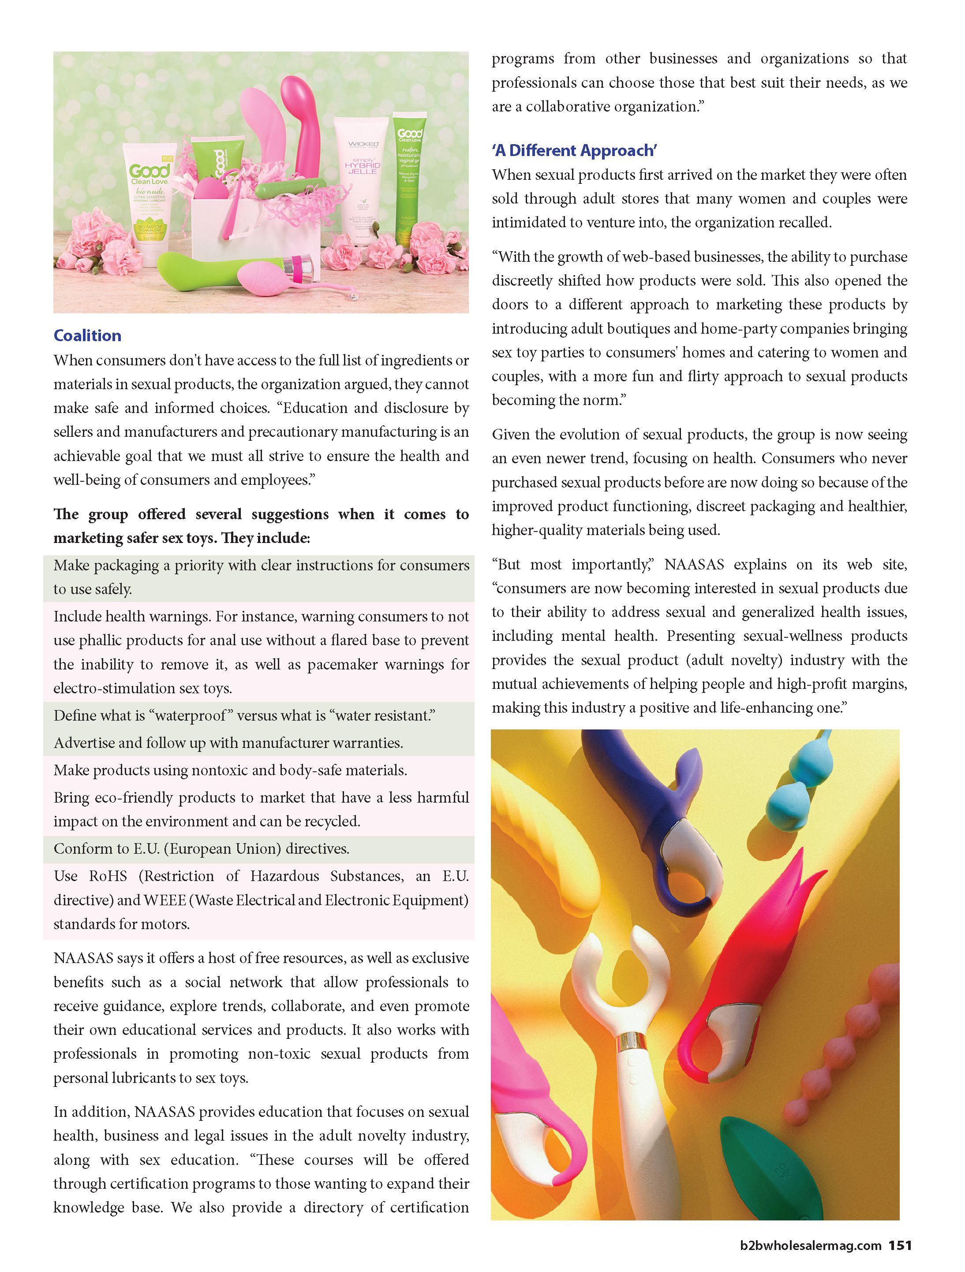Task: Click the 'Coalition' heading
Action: (87, 336)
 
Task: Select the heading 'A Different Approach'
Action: (574, 151)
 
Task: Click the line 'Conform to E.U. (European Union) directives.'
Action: (202, 849)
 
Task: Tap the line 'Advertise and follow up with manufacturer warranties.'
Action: (228, 743)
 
